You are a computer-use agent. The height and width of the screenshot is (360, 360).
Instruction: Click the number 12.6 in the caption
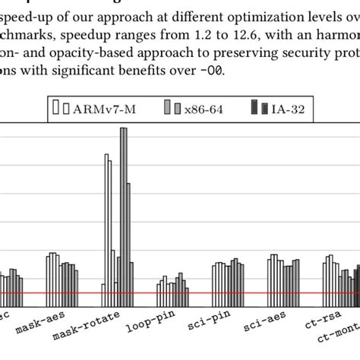[x=213, y=33]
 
